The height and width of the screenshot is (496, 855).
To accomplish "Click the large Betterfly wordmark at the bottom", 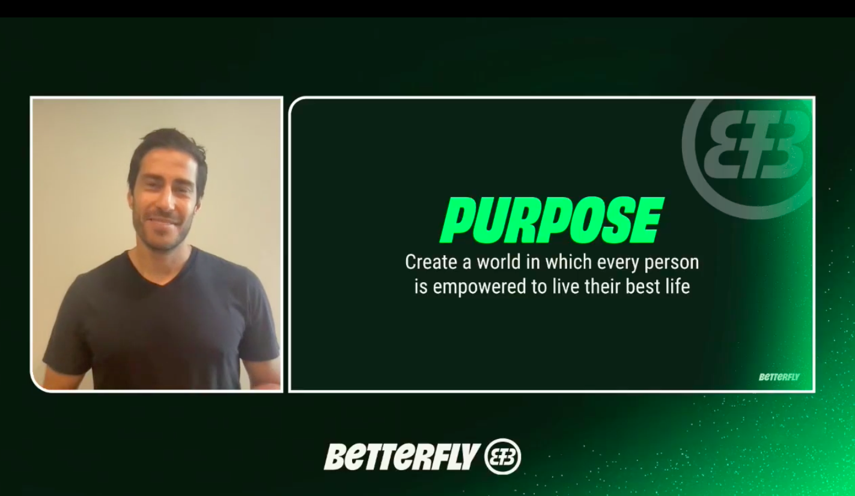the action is pyautogui.click(x=401, y=456).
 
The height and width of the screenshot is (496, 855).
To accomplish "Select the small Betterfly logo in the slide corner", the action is pyautogui.click(x=779, y=377).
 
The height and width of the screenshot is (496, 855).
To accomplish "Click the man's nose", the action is pyautogui.click(x=165, y=202).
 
